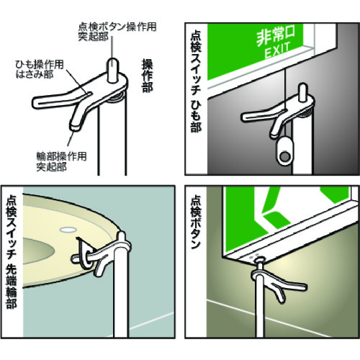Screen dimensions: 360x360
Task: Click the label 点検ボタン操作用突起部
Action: pos(117,32)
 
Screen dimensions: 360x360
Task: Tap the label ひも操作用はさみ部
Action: pos(40,69)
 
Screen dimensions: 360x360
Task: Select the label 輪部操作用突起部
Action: pos(61,162)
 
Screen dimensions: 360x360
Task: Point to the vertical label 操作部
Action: pos(147,76)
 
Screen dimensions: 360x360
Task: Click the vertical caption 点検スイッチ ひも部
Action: pos(196,81)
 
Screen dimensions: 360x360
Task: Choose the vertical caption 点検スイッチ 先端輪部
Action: pos(12,252)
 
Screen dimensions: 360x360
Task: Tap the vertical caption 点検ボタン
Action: pos(196,222)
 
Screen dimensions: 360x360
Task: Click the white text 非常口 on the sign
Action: pos(276,36)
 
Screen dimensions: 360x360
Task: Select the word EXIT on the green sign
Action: pos(277,51)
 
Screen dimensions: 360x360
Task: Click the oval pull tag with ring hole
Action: pos(284,150)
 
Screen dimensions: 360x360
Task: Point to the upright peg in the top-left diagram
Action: pos(112,70)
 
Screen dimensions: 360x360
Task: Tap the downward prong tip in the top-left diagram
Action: pos(75,126)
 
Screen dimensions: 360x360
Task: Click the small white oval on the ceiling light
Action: pos(68,229)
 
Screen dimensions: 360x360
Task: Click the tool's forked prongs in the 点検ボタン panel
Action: pos(288,288)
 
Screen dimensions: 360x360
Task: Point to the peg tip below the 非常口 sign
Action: pos(303,86)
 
